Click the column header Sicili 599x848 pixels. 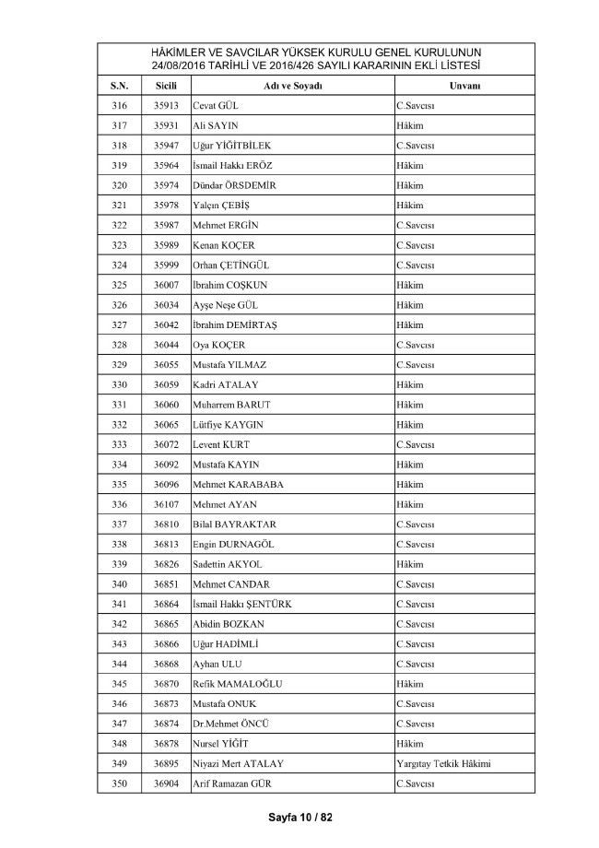[166, 86]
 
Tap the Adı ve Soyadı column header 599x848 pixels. [292, 86]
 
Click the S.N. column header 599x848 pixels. [119, 86]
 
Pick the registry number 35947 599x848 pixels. [166, 146]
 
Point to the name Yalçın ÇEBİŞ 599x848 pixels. [222, 206]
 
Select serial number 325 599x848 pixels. [119, 285]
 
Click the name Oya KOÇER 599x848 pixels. [219, 345]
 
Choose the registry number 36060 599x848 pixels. [166, 405]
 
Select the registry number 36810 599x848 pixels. [166, 524]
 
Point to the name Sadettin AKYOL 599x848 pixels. [228, 563]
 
